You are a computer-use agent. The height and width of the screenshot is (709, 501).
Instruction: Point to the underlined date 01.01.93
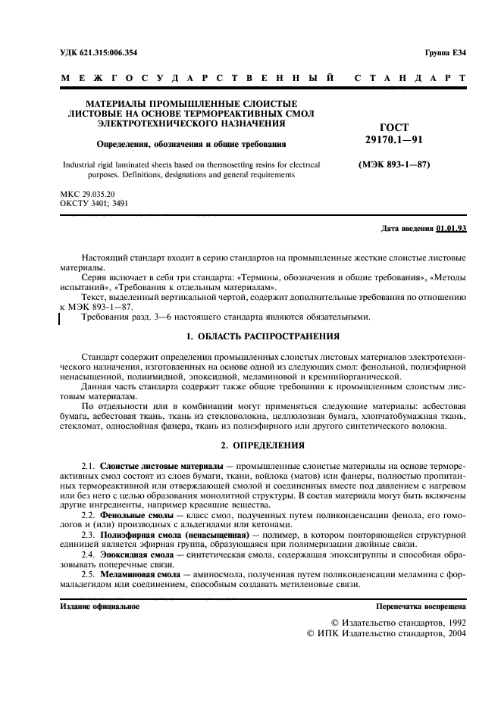click(x=452, y=228)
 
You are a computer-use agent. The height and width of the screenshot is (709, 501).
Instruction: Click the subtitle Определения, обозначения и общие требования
click(x=190, y=143)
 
